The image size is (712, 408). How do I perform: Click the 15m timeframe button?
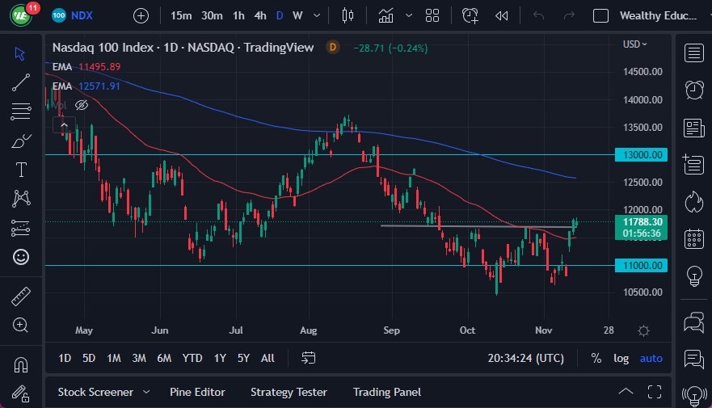pyautogui.click(x=181, y=15)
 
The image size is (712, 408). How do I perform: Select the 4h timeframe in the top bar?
pyautogui.click(x=259, y=15)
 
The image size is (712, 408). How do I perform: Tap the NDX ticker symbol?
pyautogui.click(x=82, y=15)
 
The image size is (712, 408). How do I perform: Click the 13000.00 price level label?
pyautogui.click(x=644, y=154)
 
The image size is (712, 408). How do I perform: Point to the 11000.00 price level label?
pyautogui.click(x=644, y=265)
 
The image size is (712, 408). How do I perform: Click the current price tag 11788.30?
pyautogui.click(x=644, y=221)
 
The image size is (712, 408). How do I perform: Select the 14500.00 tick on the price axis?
pyautogui.click(x=643, y=72)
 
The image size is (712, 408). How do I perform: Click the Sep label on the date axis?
pyautogui.click(x=392, y=330)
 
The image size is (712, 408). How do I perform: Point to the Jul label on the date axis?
pyautogui.click(x=236, y=330)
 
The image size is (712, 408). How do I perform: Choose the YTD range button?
pyautogui.click(x=192, y=358)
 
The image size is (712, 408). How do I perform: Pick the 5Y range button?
pyautogui.click(x=244, y=358)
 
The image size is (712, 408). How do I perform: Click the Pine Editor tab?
pyautogui.click(x=197, y=392)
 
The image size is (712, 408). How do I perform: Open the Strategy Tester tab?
pyautogui.click(x=289, y=392)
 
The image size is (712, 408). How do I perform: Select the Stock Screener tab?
pyautogui.click(x=95, y=392)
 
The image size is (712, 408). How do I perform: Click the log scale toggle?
pyautogui.click(x=621, y=358)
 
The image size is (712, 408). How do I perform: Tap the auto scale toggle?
pyautogui.click(x=651, y=358)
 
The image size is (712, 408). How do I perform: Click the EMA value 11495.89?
pyautogui.click(x=99, y=66)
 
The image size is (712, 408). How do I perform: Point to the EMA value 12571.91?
pyautogui.click(x=99, y=86)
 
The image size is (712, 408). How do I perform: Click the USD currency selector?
pyautogui.click(x=636, y=44)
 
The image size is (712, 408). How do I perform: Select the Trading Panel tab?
pyautogui.click(x=387, y=392)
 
